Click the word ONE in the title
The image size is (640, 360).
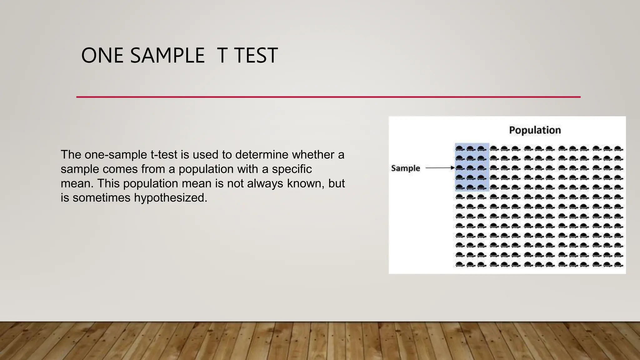click(x=102, y=56)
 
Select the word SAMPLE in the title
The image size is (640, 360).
click(x=167, y=56)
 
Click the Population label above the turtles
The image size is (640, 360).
click(x=535, y=130)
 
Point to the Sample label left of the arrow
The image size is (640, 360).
click(x=405, y=168)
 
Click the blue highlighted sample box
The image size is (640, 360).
click(x=472, y=167)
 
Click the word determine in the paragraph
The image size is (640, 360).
click(x=262, y=155)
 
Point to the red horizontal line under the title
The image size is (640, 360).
click(x=328, y=97)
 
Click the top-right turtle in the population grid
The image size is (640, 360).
click(x=618, y=148)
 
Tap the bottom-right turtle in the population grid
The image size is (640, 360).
click(x=618, y=265)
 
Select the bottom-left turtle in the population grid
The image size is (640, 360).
click(x=459, y=265)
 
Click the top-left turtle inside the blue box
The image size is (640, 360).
click(x=459, y=148)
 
